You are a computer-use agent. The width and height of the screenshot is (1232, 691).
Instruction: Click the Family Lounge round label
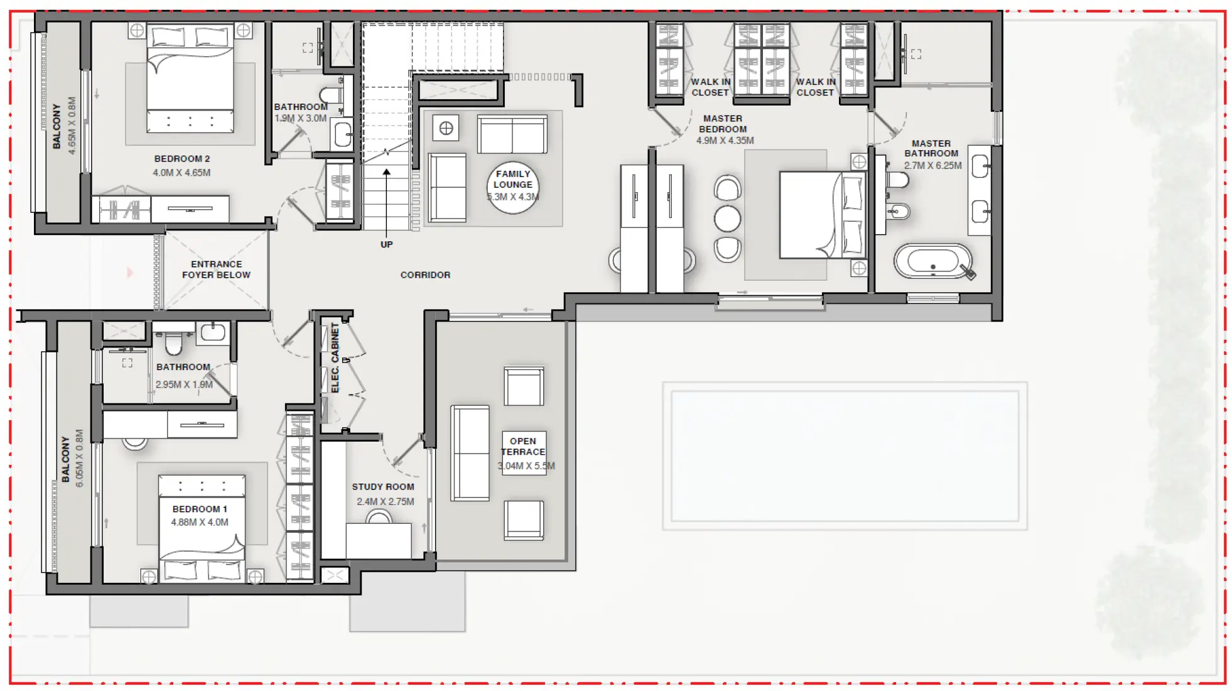(512, 186)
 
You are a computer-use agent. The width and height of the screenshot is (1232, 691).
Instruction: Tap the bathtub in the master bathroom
(932, 261)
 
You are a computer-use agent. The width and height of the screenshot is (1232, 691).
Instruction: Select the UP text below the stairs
(386, 244)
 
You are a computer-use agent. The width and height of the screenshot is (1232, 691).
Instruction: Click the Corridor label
(425, 275)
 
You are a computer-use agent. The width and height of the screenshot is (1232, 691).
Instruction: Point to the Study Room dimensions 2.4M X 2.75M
(385, 502)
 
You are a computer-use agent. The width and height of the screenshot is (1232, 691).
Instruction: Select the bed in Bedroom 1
(201, 528)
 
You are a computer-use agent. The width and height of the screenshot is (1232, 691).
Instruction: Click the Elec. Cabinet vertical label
(335, 358)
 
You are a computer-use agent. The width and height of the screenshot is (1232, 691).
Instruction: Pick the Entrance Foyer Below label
(216, 269)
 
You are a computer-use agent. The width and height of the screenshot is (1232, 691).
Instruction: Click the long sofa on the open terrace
(470, 453)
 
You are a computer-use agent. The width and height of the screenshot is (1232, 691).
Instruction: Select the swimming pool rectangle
(845, 456)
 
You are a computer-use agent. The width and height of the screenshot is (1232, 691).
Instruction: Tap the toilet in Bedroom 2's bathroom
(330, 95)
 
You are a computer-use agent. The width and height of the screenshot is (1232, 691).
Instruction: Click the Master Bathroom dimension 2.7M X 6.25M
(932, 166)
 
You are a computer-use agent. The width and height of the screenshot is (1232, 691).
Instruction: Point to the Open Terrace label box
(523, 452)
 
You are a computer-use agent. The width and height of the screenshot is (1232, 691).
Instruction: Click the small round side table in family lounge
(446, 129)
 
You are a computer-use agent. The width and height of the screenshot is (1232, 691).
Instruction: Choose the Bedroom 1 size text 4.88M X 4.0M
(200, 522)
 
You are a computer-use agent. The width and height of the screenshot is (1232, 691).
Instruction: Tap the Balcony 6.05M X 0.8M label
(72, 459)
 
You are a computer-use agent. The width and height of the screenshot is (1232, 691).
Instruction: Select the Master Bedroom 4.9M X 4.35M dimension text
(725, 141)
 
